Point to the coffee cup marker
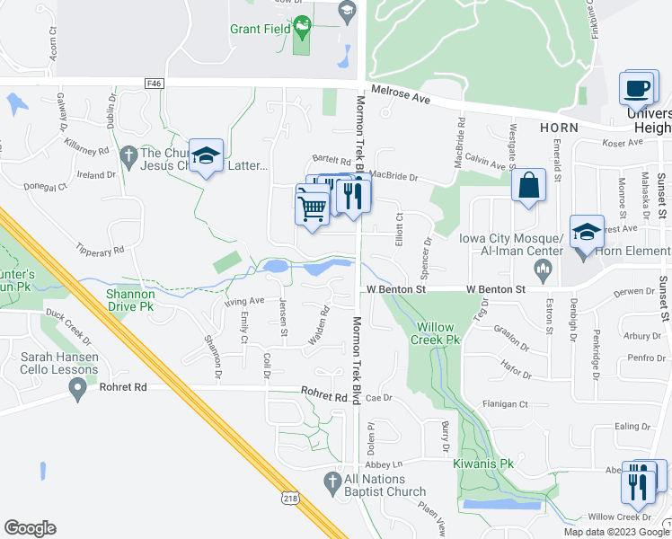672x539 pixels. [x=636, y=89]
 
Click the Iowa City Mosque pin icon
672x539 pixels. [x=542, y=268]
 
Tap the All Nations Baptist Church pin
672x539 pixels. [x=333, y=480]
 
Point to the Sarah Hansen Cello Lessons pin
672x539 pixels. [x=77, y=389]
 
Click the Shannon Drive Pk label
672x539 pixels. [x=129, y=300]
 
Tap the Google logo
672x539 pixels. [x=31, y=528]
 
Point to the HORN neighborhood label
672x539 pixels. [x=559, y=128]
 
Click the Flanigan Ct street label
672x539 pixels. [x=505, y=404]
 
